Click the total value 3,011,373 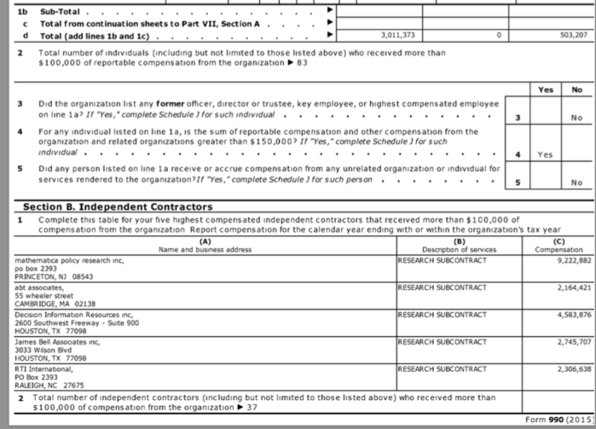coord(396,35)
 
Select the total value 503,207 coord(573,35)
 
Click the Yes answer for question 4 coord(546,155)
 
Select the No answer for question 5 coord(576,183)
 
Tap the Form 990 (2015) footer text coord(558,420)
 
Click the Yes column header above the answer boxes coord(546,89)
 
